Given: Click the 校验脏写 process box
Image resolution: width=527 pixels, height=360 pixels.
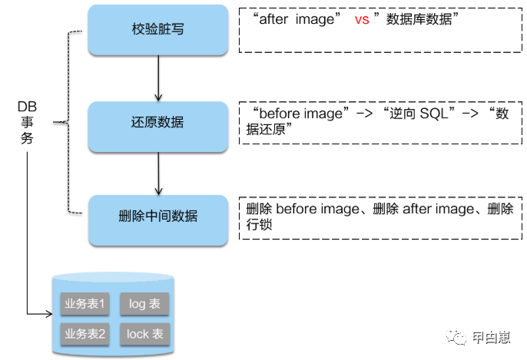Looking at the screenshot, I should (x=157, y=29).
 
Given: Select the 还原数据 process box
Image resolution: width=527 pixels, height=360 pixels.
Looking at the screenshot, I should (x=157, y=124).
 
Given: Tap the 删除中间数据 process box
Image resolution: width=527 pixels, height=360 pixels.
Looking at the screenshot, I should (x=157, y=216).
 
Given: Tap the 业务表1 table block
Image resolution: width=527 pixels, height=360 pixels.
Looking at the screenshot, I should (x=85, y=304).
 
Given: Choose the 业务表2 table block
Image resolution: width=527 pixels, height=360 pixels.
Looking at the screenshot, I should (x=85, y=334).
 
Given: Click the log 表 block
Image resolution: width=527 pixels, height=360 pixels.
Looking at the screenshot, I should (x=144, y=304).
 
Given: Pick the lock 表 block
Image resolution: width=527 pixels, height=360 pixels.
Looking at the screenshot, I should (x=144, y=334).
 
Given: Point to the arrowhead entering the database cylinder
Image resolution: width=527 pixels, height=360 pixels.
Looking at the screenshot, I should (x=48, y=313).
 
